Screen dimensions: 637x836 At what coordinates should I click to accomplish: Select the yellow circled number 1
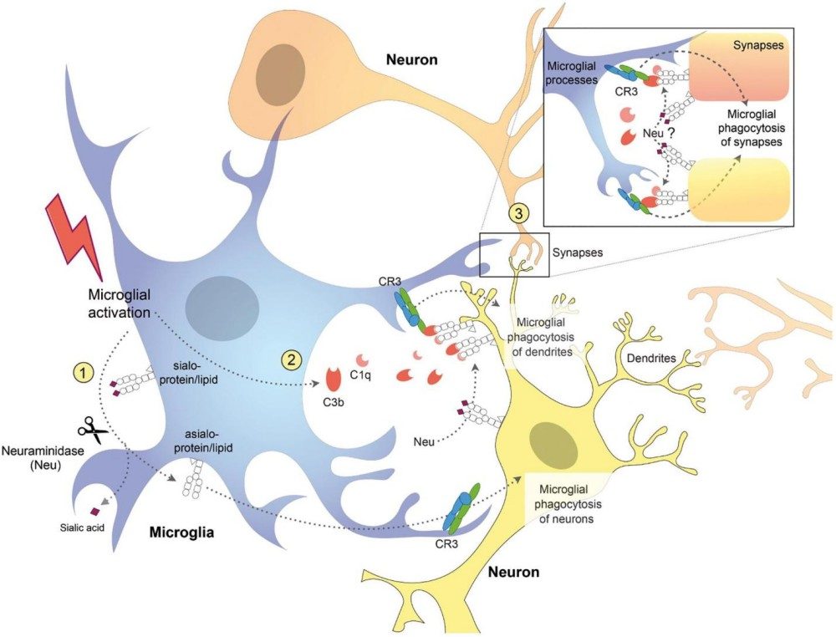tap(84, 369)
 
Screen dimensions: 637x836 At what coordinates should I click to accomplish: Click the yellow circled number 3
tap(520, 214)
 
